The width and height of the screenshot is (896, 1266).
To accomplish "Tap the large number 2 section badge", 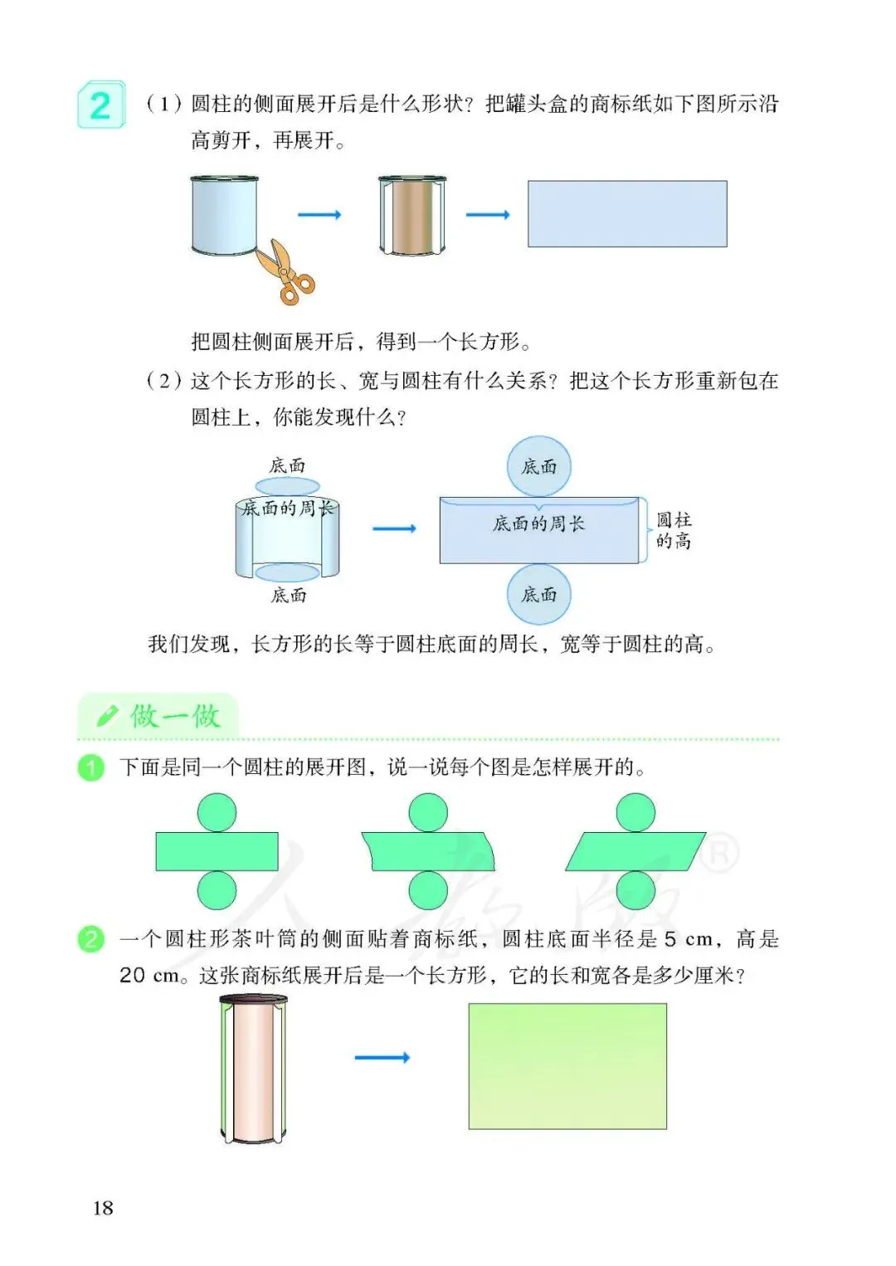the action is [100, 105].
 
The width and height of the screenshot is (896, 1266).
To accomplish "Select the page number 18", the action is [103, 1208].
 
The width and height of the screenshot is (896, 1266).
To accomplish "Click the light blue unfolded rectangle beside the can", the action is [627, 214].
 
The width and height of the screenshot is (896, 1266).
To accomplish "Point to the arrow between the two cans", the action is [319, 215].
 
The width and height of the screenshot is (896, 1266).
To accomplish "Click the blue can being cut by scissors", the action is [224, 214].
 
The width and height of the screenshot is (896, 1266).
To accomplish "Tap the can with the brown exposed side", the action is [412, 215].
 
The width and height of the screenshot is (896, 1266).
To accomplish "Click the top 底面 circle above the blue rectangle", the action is [539, 466].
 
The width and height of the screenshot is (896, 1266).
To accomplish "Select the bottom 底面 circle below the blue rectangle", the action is [539, 594].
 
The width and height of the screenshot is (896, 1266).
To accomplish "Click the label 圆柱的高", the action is [674, 530].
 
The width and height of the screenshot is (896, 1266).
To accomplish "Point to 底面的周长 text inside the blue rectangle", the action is [539, 523].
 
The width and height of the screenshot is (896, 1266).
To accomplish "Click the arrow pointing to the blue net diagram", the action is [394, 528].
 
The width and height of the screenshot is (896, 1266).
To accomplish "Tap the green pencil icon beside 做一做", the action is [108, 715].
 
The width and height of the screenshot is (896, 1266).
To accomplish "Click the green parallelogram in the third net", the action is [635, 851].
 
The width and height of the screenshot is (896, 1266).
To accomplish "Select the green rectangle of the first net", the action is [217, 851].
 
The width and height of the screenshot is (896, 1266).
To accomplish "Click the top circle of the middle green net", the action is [428, 812].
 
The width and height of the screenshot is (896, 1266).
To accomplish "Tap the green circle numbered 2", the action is [91, 939].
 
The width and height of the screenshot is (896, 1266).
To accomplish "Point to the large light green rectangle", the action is [567, 1066].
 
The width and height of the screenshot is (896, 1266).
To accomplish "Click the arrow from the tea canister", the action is [382, 1057].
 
